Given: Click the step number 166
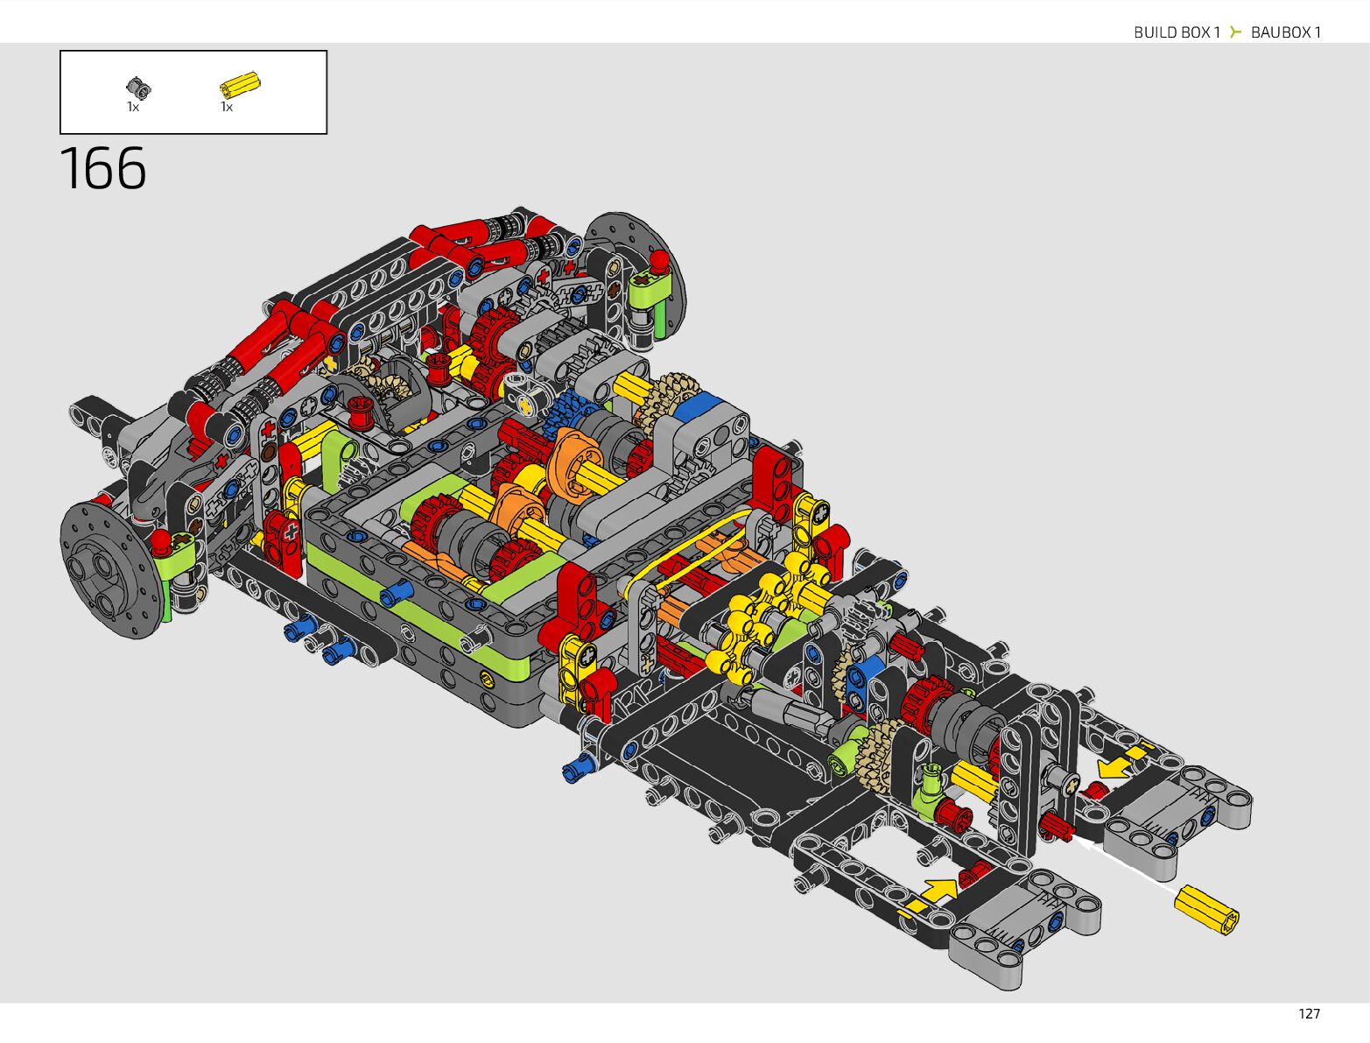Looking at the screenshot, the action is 103,168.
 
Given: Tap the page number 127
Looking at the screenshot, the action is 1309,1014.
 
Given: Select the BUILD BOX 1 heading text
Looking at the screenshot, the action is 1177,32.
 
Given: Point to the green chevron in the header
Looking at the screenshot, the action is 1235,32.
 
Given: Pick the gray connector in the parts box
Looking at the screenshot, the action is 138,88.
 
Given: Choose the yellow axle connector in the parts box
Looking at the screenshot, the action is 240,84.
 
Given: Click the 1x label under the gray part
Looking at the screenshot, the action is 133,108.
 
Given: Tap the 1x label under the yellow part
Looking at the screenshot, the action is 227,108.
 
